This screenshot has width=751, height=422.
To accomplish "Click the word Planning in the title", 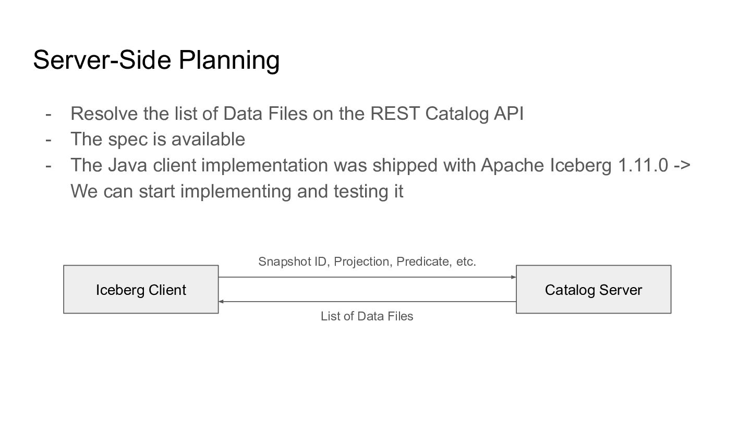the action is coord(229,60).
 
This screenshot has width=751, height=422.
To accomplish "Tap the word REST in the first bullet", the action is coord(395,114).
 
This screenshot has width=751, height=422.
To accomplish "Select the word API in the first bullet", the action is coord(508,114).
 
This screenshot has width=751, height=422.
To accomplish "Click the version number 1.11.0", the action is coord(643,165).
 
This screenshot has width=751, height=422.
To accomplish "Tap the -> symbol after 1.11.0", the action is coord(682,166).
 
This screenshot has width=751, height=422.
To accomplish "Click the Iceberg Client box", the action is coord(141,289).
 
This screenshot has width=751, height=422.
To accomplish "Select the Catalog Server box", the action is coord(593,289).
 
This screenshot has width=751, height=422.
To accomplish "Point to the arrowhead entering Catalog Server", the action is coord(514,277).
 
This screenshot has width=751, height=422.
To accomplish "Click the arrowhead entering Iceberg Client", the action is coord(221,302).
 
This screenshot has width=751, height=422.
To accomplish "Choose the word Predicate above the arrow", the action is coord(424,262).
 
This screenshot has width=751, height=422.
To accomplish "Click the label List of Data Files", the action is coord(367,316).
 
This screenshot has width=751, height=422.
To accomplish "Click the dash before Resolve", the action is coord(49,115).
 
